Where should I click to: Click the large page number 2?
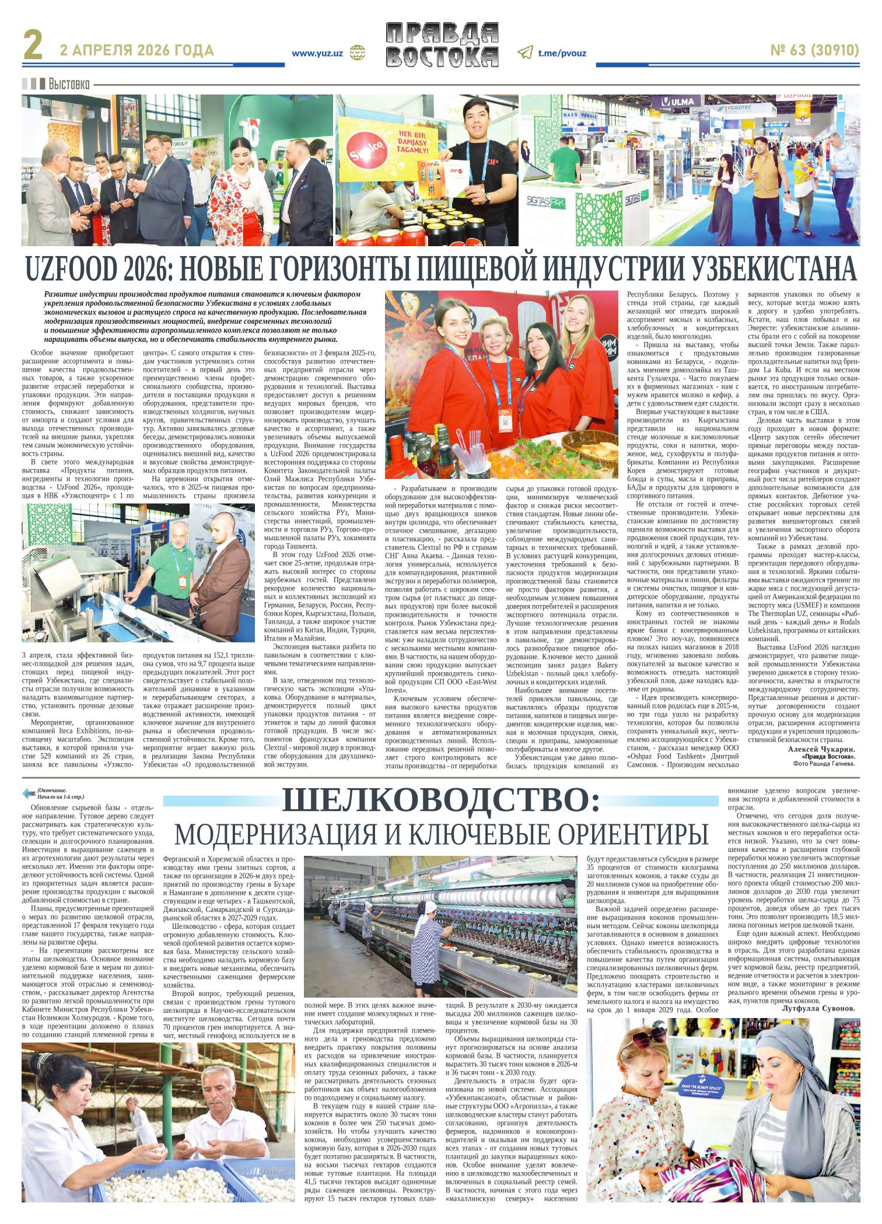pos(33,45)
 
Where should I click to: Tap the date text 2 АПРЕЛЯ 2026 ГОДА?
pos(137,51)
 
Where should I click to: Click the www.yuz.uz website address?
pos(317,53)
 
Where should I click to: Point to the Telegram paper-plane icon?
pos(525,53)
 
